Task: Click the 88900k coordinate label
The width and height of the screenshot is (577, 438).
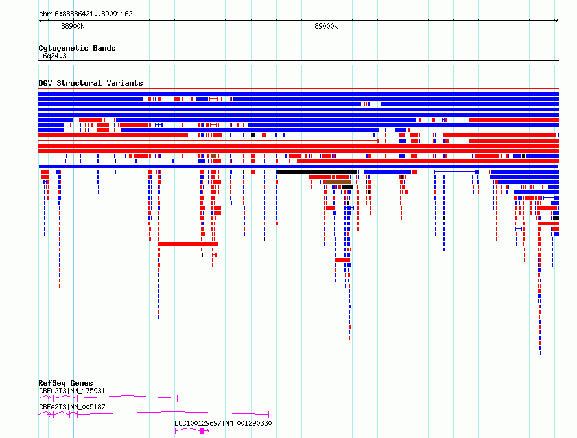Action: click(73, 26)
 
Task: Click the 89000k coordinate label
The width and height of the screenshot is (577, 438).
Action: click(326, 26)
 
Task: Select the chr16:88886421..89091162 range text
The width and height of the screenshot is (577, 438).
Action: click(86, 14)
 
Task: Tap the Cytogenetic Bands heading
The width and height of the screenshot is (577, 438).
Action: click(77, 48)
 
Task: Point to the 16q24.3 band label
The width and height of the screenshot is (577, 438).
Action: click(53, 56)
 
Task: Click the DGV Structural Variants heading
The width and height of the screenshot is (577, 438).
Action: click(91, 83)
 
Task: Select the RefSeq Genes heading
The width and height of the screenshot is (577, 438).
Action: click(65, 383)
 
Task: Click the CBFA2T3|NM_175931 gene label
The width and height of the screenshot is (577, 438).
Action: click(72, 391)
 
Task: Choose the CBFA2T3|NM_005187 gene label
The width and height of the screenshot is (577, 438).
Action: click(72, 407)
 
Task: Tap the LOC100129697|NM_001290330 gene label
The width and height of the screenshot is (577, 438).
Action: click(223, 423)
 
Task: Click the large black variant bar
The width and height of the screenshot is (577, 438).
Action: click(317, 172)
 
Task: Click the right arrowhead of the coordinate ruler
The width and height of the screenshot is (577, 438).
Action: click(557, 20)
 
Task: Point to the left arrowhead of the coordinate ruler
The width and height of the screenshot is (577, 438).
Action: click(40, 20)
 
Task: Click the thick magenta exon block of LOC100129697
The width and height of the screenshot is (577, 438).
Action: click(202, 431)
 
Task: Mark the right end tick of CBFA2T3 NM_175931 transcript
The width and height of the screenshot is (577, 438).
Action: click(178, 398)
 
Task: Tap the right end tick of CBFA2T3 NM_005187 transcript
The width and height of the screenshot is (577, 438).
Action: click(268, 415)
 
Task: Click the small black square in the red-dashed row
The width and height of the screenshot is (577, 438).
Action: click(253, 135)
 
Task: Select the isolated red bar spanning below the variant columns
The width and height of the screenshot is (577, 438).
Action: click(188, 244)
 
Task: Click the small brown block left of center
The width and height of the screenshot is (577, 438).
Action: click(213, 156)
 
